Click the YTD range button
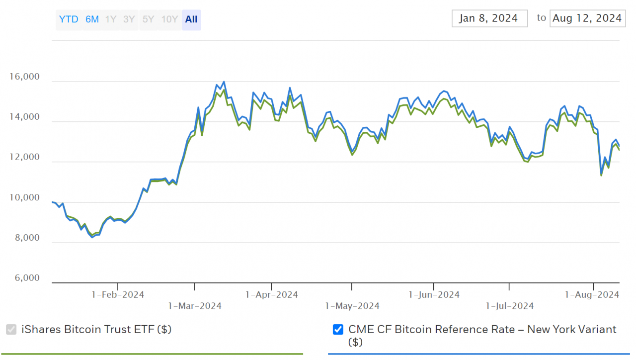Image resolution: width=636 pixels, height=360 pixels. (x=69, y=20)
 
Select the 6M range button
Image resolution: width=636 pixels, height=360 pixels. (x=92, y=20)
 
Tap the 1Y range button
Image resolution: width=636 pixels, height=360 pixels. (x=111, y=20)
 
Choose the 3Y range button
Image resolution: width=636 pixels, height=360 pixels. (x=129, y=20)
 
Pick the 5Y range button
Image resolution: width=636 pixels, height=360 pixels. (x=148, y=20)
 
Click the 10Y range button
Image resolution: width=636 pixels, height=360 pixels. (x=169, y=20)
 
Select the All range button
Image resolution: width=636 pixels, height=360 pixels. (x=191, y=20)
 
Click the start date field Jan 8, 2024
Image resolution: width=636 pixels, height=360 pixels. (x=489, y=18)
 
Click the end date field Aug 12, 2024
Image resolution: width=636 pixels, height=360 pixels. (x=587, y=18)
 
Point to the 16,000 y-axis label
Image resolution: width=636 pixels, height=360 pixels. (x=24, y=77)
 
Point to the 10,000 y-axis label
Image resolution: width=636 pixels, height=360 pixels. (x=24, y=198)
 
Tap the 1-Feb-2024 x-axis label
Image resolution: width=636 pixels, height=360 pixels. (x=118, y=295)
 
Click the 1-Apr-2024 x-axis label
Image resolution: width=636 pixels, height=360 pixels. (x=272, y=295)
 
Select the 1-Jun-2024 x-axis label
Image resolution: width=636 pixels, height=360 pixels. (x=434, y=295)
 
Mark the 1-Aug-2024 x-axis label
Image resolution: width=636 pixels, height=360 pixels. (x=592, y=295)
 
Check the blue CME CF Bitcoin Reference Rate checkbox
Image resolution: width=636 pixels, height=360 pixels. (x=338, y=330)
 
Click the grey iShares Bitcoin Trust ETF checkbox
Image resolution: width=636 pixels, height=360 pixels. (x=11, y=330)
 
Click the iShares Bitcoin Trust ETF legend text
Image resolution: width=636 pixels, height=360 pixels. (x=96, y=329)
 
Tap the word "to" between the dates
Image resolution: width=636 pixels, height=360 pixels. (x=541, y=18)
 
